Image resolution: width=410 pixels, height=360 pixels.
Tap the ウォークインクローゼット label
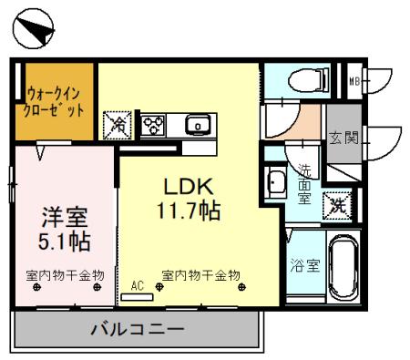point(56,99)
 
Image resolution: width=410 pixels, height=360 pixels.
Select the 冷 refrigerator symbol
point(118,123)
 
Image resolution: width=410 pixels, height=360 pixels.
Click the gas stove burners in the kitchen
point(152,123)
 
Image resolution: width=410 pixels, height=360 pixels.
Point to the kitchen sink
point(197,125)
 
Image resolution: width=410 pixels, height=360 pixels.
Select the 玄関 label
point(343,139)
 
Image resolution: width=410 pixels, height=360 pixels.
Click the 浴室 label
point(304,266)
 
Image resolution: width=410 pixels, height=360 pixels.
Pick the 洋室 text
point(65,218)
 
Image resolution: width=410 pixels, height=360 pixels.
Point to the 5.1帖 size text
point(65,242)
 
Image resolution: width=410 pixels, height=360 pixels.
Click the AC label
point(138,284)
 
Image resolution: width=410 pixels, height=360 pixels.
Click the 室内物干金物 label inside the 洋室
point(65,274)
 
